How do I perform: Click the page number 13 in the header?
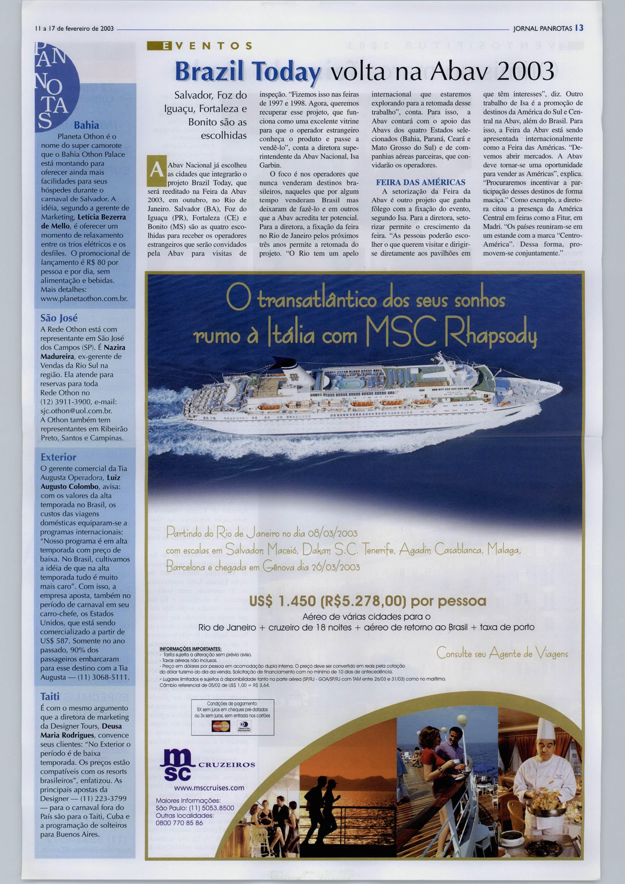pyautogui.click(x=580, y=28)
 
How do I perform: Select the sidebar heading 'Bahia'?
pyautogui.click(x=86, y=125)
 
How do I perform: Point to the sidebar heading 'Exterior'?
pyautogui.click(x=58, y=457)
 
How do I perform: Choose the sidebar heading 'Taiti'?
pyautogui.click(x=50, y=696)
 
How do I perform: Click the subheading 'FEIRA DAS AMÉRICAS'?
pyautogui.click(x=421, y=182)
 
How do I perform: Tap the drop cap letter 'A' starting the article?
pyautogui.click(x=156, y=169)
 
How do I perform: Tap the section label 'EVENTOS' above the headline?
pyautogui.click(x=200, y=46)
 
